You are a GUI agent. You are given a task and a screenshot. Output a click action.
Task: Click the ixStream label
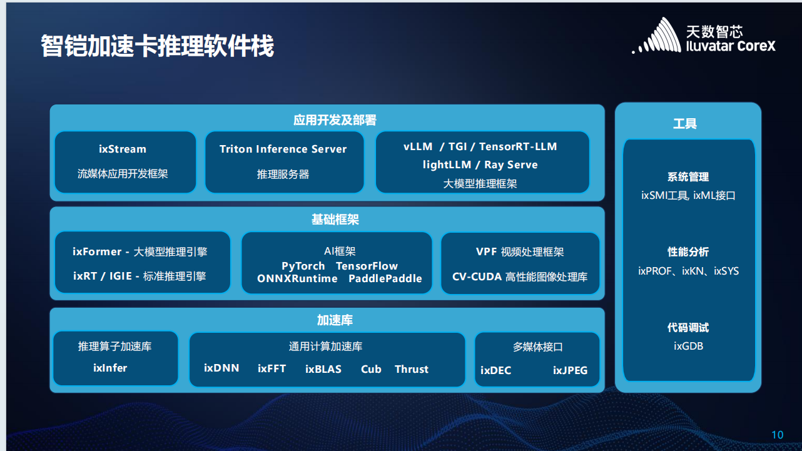click(x=123, y=149)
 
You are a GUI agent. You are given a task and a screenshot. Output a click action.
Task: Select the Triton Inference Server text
click(x=283, y=149)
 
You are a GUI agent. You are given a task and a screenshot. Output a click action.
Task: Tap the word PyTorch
click(x=303, y=266)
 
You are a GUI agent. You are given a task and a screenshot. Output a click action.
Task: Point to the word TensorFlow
click(x=367, y=266)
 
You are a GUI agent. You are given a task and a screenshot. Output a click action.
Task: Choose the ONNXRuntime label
click(x=297, y=278)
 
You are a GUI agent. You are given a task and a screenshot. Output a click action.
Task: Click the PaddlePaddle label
click(x=385, y=278)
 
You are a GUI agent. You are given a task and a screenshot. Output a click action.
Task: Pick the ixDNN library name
click(x=221, y=368)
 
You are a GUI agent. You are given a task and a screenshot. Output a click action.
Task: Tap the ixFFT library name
click(x=272, y=368)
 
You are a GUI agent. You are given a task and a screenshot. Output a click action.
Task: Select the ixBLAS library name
click(x=323, y=369)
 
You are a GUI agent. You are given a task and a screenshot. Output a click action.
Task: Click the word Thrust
click(x=412, y=369)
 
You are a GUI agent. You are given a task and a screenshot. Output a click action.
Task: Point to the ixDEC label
click(x=495, y=370)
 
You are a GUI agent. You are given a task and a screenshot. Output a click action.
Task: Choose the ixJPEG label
click(x=570, y=370)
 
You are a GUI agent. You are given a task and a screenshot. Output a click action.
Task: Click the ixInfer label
click(x=110, y=368)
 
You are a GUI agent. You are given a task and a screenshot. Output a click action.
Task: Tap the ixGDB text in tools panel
click(x=688, y=346)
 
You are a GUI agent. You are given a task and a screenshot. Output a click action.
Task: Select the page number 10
click(x=778, y=435)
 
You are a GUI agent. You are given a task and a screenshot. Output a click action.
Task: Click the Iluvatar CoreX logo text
click(x=731, y=46)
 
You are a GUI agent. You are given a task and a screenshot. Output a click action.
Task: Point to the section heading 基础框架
click(x=335, y=220)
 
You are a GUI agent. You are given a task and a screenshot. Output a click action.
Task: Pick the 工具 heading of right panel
click(x=685, y=124)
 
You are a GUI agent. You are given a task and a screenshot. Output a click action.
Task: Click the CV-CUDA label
click(x=477, y=276)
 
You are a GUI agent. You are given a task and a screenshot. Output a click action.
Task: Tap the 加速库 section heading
click(x=335, y=320)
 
